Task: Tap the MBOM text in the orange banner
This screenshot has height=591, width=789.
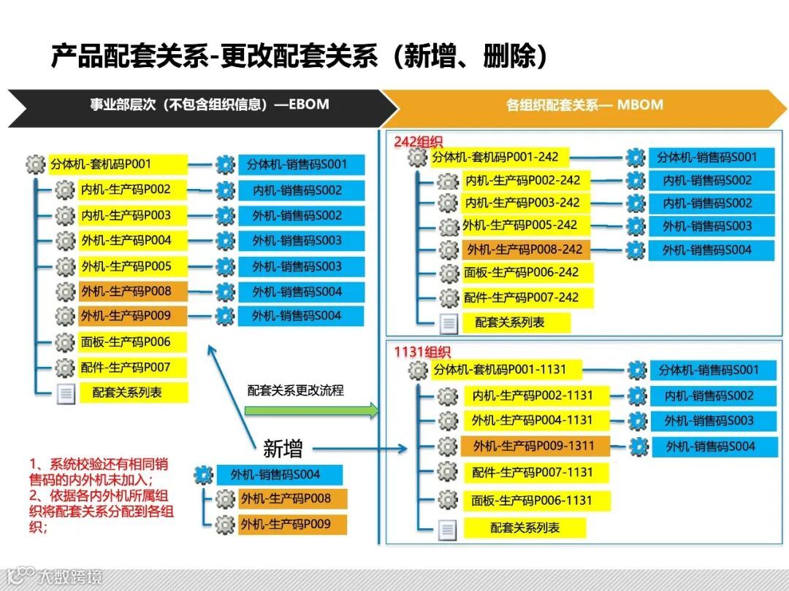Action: [640, 104]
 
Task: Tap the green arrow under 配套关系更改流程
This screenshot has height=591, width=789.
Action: [311, 411]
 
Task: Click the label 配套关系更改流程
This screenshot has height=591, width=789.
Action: [295, 390]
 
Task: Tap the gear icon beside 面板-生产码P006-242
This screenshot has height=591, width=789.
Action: [449, 274]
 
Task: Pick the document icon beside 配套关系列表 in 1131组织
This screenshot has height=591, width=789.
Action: [448, 530]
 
